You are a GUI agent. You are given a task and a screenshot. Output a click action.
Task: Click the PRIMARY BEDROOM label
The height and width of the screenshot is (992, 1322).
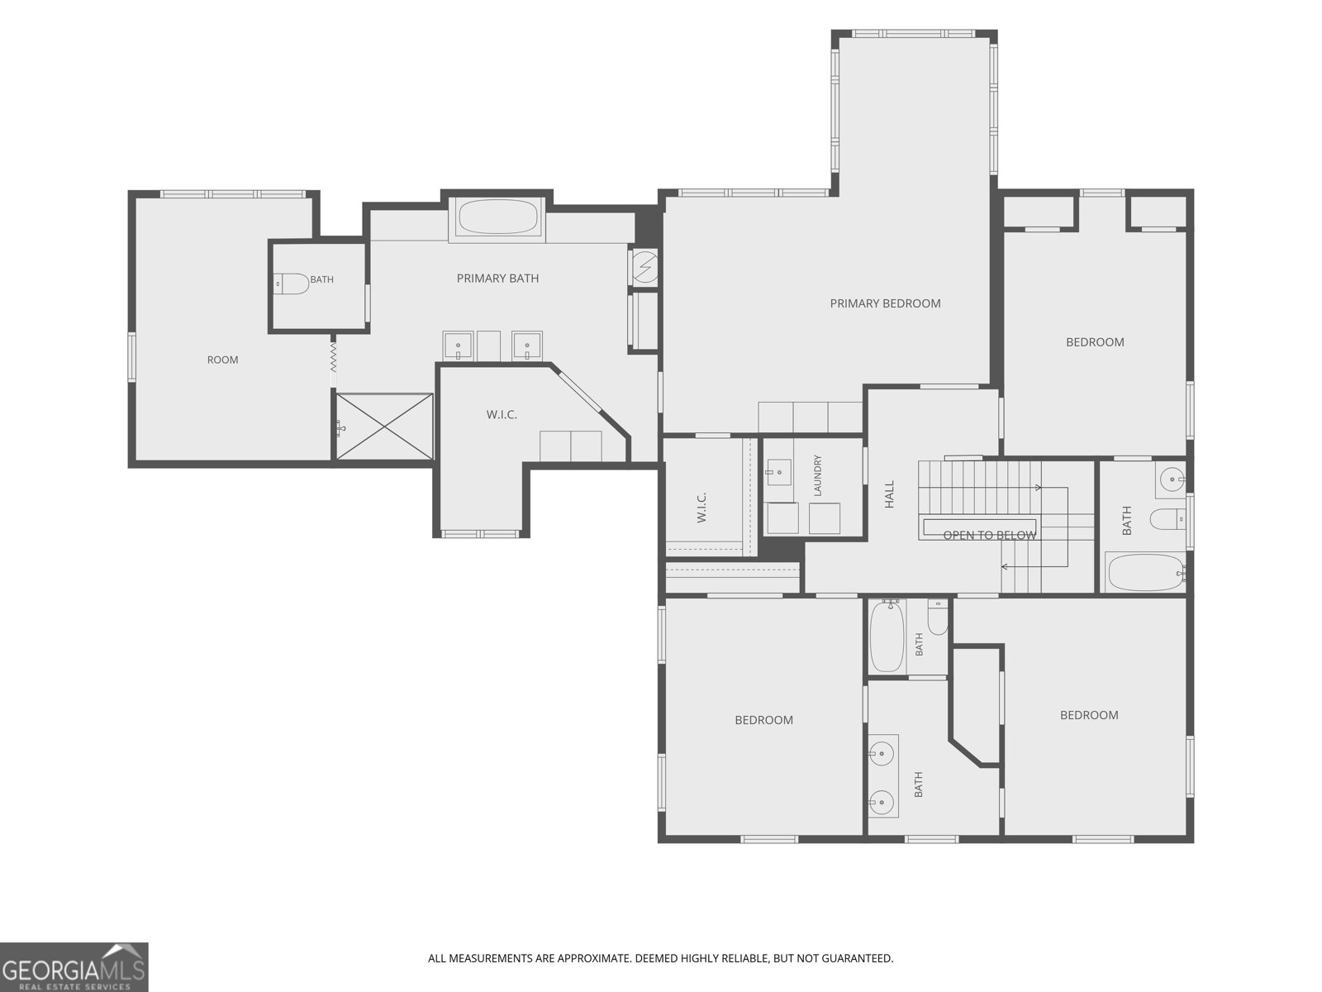click(885, 303)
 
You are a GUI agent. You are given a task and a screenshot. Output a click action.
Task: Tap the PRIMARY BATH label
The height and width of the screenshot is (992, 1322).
click(497, 279)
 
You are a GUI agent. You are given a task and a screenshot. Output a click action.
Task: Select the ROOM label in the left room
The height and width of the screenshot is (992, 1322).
click(223, 360)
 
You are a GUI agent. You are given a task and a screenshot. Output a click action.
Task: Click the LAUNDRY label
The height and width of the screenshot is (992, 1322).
click(817, 476)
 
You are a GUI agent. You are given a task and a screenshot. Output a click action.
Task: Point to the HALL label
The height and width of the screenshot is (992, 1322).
click(890, 494)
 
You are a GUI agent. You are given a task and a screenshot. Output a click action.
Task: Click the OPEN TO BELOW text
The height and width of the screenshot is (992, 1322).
click(990, 535)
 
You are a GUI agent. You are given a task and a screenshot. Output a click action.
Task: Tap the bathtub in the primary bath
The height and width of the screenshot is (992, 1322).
click(497, 217)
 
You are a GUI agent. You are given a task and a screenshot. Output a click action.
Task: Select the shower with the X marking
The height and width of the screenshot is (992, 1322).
click(384, 427)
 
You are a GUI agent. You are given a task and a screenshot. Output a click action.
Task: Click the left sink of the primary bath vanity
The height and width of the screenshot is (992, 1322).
click(458, 346)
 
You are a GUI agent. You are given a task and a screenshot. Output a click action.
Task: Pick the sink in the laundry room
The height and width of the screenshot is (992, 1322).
click(779, 472)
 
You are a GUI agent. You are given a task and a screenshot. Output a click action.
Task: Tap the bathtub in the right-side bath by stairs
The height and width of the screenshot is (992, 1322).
click(1145, 572)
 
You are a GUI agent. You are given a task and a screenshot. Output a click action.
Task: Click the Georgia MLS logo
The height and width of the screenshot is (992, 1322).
click(74, 967)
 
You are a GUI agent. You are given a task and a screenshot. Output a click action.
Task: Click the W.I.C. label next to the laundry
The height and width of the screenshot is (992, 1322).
click(701, 507)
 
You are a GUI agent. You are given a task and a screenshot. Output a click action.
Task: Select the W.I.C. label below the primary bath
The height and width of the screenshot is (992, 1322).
click(502, 415)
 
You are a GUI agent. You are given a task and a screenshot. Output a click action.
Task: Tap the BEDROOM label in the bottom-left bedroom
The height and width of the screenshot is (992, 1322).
click(763, 720)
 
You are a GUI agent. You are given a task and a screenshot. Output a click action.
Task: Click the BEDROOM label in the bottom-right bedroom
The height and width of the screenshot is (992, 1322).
click(1089, 716)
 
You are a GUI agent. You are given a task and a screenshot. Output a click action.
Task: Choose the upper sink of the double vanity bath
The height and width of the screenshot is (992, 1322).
click(882, 753)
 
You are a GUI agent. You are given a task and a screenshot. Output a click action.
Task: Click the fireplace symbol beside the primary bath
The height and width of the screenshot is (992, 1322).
click(645, 265)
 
